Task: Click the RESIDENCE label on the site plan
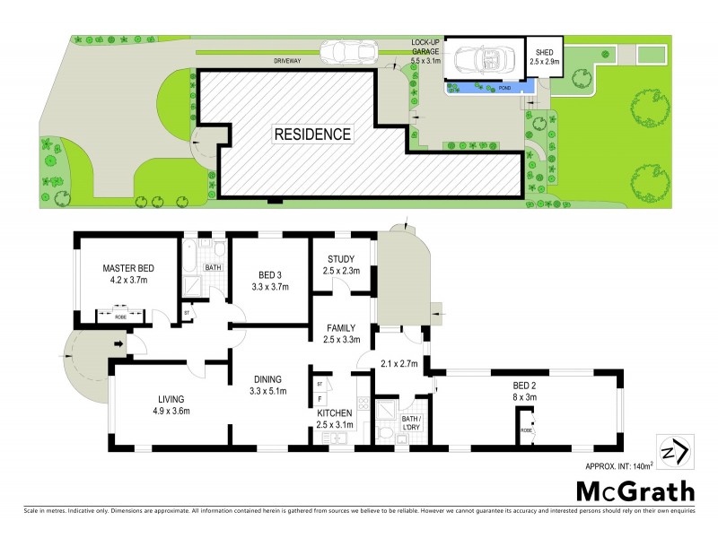312,134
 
